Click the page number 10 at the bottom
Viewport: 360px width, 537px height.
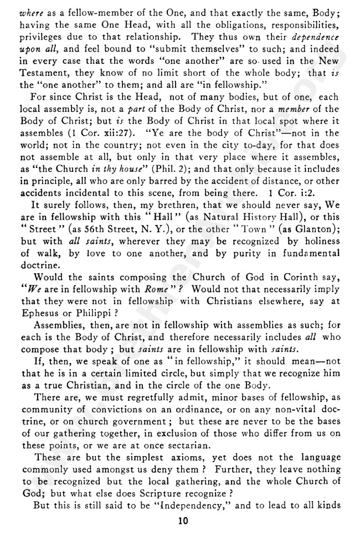[x=181, y=520]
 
